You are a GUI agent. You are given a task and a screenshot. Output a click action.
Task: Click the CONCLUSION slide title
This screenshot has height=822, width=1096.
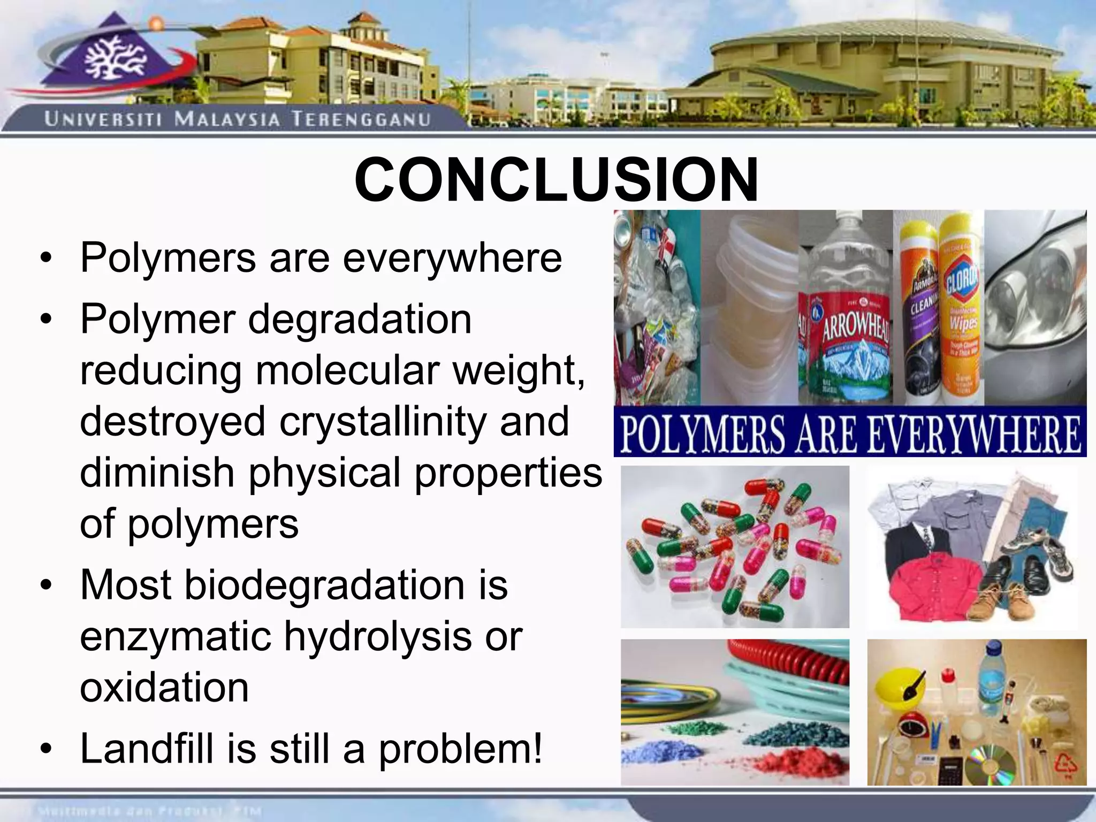tap(556, 180)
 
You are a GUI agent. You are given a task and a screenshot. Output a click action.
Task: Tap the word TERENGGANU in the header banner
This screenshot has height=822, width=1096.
tap(361, 119)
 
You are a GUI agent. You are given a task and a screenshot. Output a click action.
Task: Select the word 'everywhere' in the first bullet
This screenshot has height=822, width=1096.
tap(452, 258)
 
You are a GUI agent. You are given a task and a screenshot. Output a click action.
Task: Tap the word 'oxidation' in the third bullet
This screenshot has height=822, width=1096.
tap(164, 688)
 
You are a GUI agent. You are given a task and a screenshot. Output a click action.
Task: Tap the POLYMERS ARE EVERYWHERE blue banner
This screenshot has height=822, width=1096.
tap(849, 434)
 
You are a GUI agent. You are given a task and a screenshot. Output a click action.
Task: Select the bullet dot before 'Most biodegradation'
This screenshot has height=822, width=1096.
tap(47, 585)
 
